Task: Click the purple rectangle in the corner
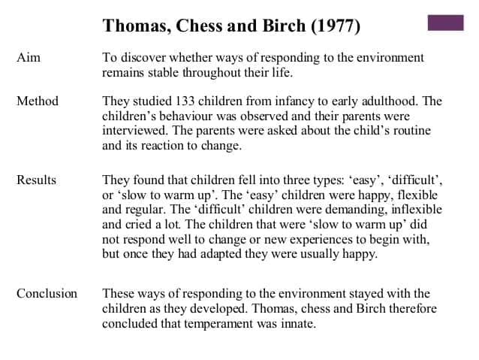pos(445,23)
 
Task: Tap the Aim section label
pos(29,58)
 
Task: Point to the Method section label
pos(38,101)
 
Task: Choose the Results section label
pos(37,180)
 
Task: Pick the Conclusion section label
pos(47,293)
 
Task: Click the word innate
pos(297,324)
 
